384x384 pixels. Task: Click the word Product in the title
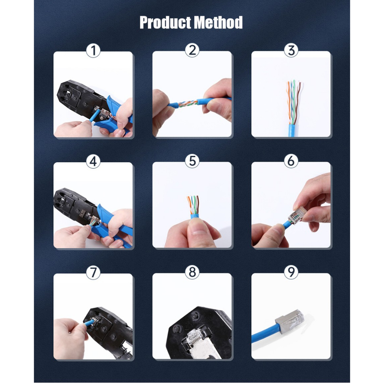coord(165,23)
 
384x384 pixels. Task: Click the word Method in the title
coord(218,22)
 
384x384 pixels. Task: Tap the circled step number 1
coord(93,51)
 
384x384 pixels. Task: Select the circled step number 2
coord(192,50)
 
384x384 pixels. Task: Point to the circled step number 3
coord(291,50)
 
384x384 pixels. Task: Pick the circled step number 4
coord(93,161)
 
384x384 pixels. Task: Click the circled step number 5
coord(192,161)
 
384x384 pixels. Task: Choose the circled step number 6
coord(291,161)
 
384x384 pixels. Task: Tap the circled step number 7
coord(93,272)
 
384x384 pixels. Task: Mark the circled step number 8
coord(192,272)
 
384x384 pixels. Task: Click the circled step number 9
coord(291,272)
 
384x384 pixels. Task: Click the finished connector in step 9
coord(290,319)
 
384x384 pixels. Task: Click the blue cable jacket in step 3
coord(292,130)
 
